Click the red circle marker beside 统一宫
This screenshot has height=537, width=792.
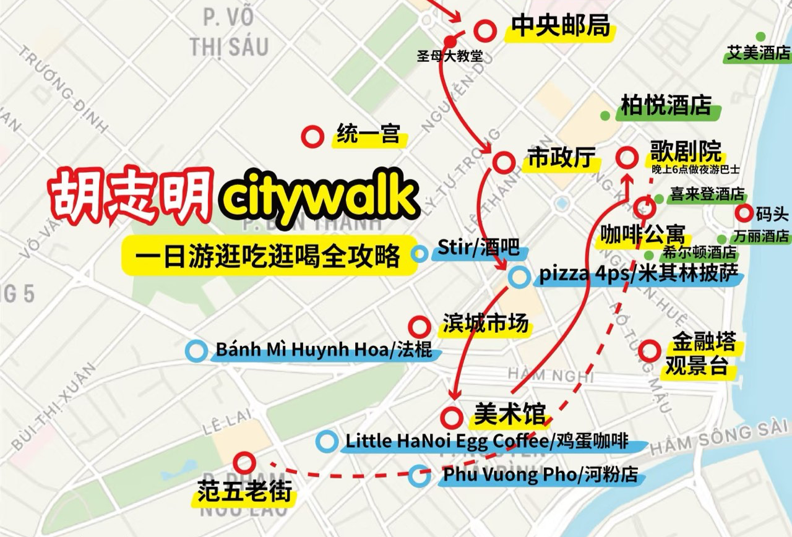[x=313, y=136]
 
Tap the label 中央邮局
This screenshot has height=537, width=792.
[x=560, y=27]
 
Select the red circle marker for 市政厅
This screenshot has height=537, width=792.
[x=504, y=162]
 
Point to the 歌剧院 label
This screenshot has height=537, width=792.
[x=686, y=150]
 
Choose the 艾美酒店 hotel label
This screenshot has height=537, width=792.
[x=759, y=53]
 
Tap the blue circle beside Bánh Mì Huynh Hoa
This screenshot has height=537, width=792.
[x=196, y=351]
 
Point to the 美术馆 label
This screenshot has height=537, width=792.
[x=510, y=413]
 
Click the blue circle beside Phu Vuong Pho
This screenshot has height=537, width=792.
[x=420, y=475]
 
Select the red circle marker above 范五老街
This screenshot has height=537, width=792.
[x=244, y=462]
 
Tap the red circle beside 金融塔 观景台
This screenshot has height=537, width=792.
[x=650, y=351]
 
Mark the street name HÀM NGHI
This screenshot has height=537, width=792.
[x=550, y=375]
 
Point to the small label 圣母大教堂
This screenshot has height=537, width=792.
[x=450, y=56]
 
